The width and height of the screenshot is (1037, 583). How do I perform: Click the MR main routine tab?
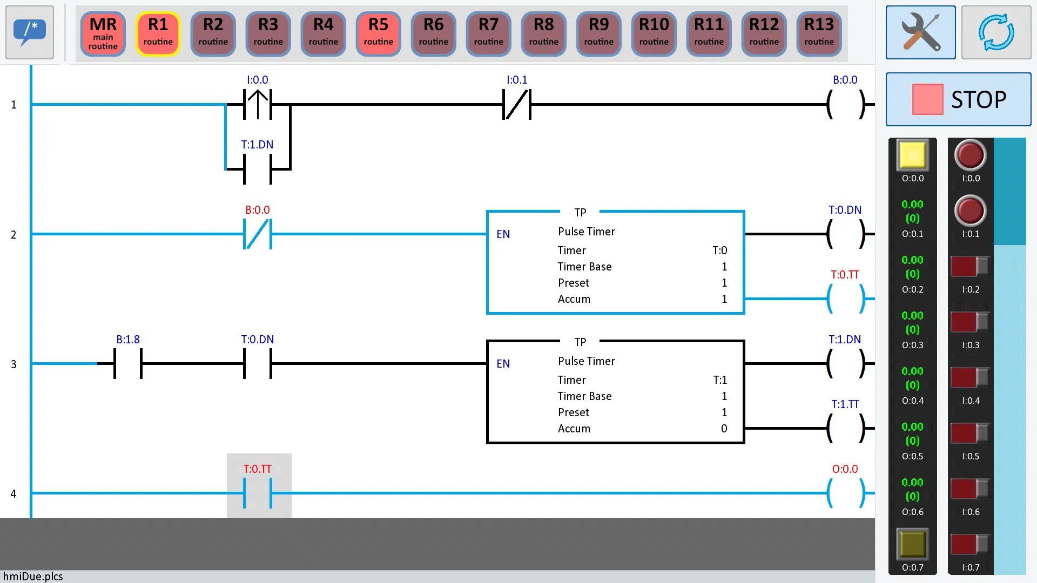pyautogui.click(x=103, y=33)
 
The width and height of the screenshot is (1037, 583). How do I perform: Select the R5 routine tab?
pyautogui.click(x=378, y=33)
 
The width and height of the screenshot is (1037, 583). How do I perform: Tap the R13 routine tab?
pyautogui.click(x=819, y=33)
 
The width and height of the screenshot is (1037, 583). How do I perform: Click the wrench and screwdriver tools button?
pyautogui.click(x=920, y=32)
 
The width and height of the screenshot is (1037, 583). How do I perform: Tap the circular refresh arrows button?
pyautogui.click(x=996, y=32)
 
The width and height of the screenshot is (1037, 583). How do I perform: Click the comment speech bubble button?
pyautogui.click(x=30, y=32)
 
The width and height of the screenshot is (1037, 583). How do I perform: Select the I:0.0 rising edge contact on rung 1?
pyautogui.click(x=258, y=104)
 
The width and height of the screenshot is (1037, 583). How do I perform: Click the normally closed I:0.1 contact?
pyautogui.click(x=517, y=104)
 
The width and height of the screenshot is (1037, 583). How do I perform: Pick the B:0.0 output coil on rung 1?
pyautogui.click(x=845, y=104)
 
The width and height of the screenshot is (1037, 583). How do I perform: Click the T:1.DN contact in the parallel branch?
pyautogui.click(x=258, y=169)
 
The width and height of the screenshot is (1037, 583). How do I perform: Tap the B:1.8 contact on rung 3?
pyautogui.click(x=128, y=363)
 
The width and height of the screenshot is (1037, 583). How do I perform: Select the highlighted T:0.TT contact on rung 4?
pyautogui.click(x=258, y=493)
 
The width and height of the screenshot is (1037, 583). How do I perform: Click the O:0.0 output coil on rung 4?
pyautogui.click(x=845, y=493)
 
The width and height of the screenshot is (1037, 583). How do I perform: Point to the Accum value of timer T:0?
pyautogui.click(x=724, y=299)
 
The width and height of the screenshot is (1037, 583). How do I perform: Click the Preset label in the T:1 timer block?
pyautogui.click(x=574, y=412)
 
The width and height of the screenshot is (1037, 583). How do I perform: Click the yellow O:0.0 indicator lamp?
pyautogui.click(x=913, y=155)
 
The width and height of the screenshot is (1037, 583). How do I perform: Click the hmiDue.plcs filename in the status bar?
pyautogui.click(x=33, y=577)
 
